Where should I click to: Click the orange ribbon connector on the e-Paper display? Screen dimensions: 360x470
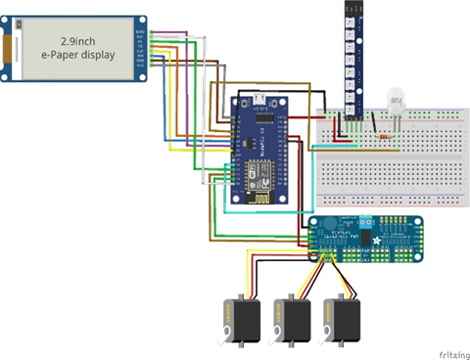tap(11, 48)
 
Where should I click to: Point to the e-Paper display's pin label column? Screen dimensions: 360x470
tap(141, 49)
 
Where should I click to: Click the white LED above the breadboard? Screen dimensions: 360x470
tap(396, 99)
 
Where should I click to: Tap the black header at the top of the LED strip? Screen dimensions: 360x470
tap(352, 7)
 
